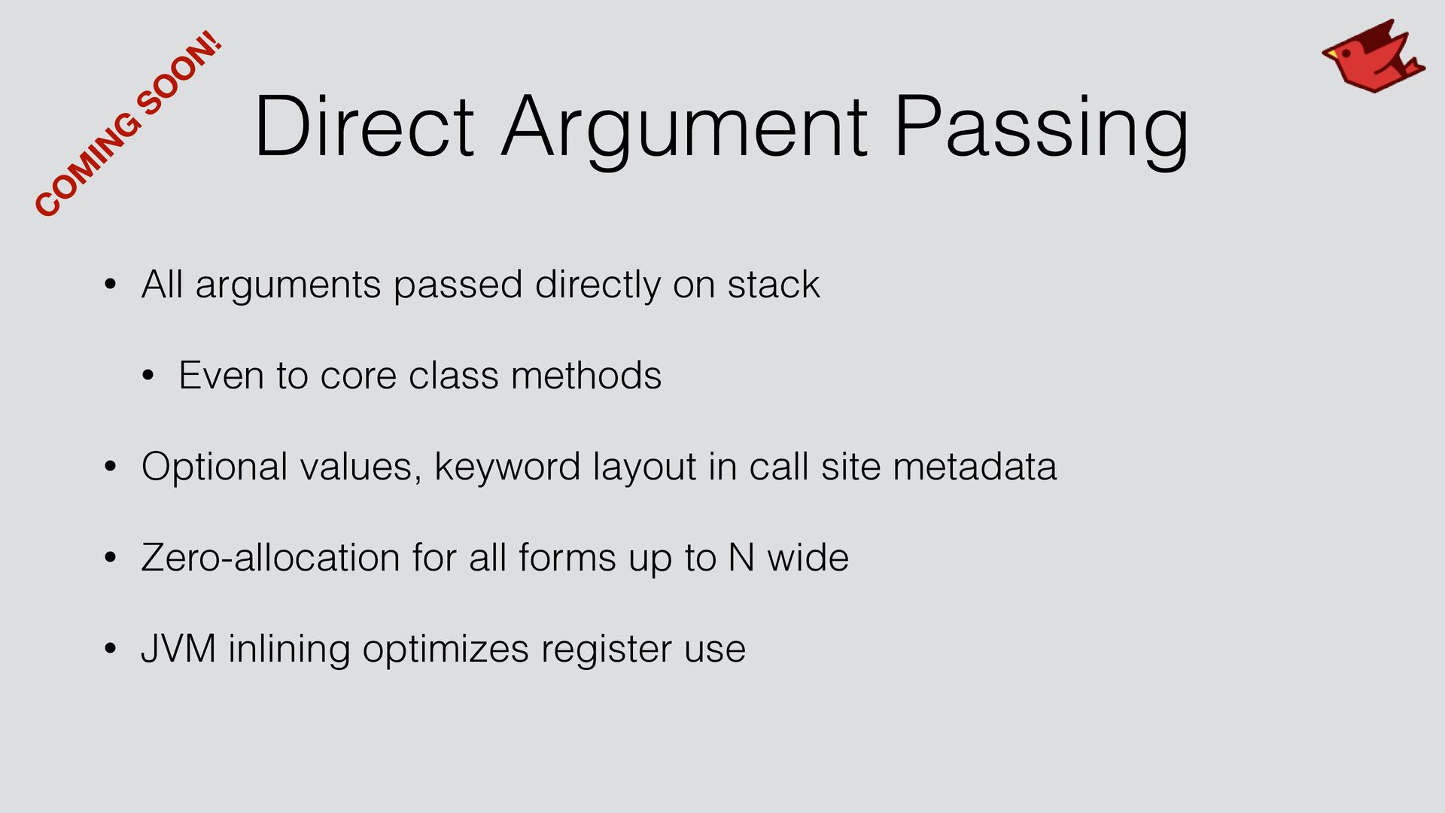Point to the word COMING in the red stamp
(x=87, y=166)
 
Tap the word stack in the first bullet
(x=773, y=285)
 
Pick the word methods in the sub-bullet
(x=586, y=375)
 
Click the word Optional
(x=214, y=468)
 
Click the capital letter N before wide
(x=741, y=558)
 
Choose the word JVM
(x=178, y=649)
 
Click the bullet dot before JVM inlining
(x=111, y=650)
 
